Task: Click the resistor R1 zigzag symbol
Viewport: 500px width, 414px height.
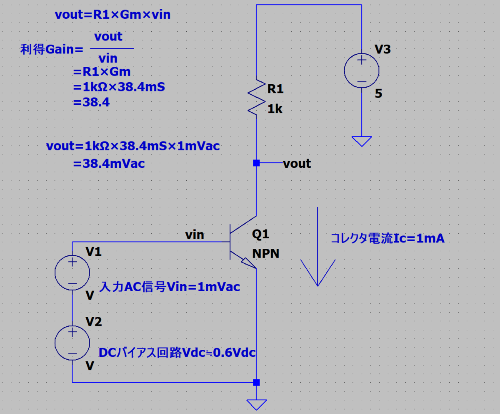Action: click(257, 97)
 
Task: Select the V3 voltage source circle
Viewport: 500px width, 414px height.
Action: click(362, 53)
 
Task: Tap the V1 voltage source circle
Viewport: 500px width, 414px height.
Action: click(72, 255)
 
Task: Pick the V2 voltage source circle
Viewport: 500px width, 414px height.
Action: click(72, 326)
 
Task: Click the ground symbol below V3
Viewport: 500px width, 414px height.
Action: click(362, 141)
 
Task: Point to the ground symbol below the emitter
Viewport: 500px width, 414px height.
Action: click(257, 405)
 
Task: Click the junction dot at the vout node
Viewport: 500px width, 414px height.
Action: click(257, 163)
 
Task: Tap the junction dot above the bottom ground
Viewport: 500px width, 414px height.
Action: click(257, 382)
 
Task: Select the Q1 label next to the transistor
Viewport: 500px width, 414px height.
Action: click(260, 235)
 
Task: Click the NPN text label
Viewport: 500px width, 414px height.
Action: click(266, 253)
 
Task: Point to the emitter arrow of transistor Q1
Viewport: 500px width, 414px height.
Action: click(249, 263)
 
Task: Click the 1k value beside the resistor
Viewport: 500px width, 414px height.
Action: click(275, 109)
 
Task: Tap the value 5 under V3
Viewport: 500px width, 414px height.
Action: click(379, 93)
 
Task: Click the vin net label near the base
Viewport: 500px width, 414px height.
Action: click(195, 235)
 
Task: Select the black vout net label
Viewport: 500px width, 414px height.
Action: click(297, 164)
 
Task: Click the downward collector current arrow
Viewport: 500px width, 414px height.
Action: click(318, 247)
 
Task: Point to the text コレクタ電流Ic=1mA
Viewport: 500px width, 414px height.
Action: click(387, 238)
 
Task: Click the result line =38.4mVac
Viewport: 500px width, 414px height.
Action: click(109, 164)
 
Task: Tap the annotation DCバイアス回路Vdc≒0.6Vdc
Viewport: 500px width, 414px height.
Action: click(177, 353)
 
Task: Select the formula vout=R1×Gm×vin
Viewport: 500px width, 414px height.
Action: click(112, 14)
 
